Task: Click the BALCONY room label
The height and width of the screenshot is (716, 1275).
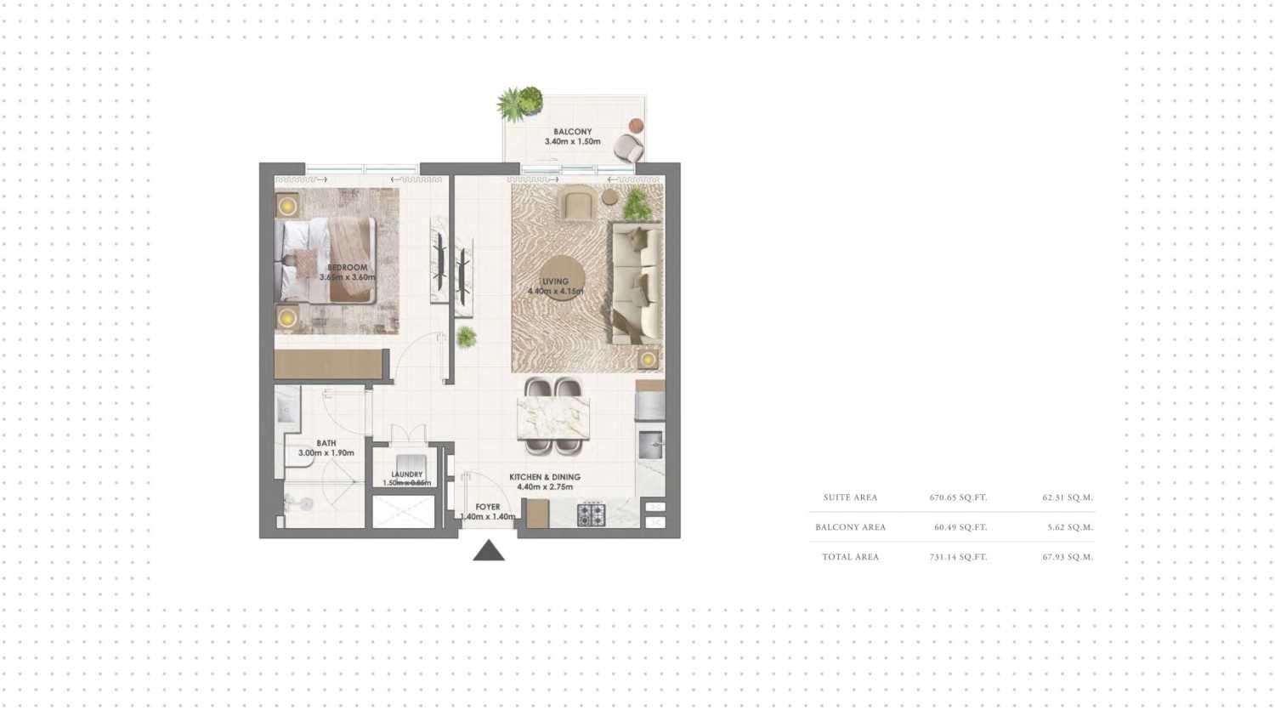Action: click(x=572, y=132)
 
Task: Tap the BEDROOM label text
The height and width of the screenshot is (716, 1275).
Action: click(x=347, y=267)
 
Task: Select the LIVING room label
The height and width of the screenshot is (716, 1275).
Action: click(x=555, y=281)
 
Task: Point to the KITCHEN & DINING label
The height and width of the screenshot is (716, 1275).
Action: click(x=545, y=477)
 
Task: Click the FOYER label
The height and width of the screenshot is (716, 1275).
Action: click(x=488, y=507)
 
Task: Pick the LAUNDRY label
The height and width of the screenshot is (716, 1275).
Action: click(x=407, y=474)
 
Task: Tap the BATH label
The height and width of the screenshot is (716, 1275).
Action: click(x=326, y=443)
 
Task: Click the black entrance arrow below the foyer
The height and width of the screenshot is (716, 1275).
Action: click(x=489, y=551)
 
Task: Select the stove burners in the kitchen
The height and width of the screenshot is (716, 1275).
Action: click(x=591, y=514)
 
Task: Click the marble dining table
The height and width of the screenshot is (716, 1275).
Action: click(x=553, y=417)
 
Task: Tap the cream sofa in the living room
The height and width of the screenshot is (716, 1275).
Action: click(x=637, y=283)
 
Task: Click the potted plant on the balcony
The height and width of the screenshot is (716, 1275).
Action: click(x=519, y=103)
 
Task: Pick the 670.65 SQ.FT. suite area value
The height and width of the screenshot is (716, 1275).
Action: click(x=958, y=497)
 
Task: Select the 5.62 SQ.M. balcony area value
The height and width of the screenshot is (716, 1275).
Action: click(x=1070, y=527)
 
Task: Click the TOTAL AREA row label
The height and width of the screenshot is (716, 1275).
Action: click(x=850, y=557)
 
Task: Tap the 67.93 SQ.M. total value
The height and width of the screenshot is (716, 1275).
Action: click(x=1068, y=557)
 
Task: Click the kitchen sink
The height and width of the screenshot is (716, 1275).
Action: click(x=651, y=442)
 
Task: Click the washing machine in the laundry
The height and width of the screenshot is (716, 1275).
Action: click(x=411, y=463)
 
